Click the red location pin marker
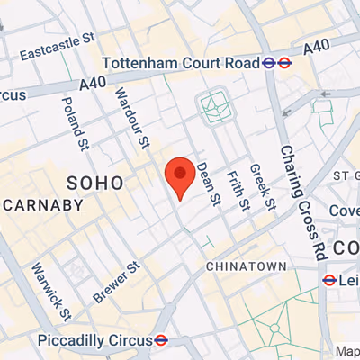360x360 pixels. [x=180, y=175]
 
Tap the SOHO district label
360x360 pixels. [x=95, y=183]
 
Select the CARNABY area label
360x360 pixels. [x=43, y=205]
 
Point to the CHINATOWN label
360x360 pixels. [x=246, y=266]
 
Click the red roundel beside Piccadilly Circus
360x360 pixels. [x=162, y=340]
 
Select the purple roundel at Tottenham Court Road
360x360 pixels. [x=268, y=63]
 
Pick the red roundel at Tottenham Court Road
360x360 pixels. [x=284, y=63]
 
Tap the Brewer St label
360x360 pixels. [x=117, y=283]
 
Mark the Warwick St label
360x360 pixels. [x=51, y=292]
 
